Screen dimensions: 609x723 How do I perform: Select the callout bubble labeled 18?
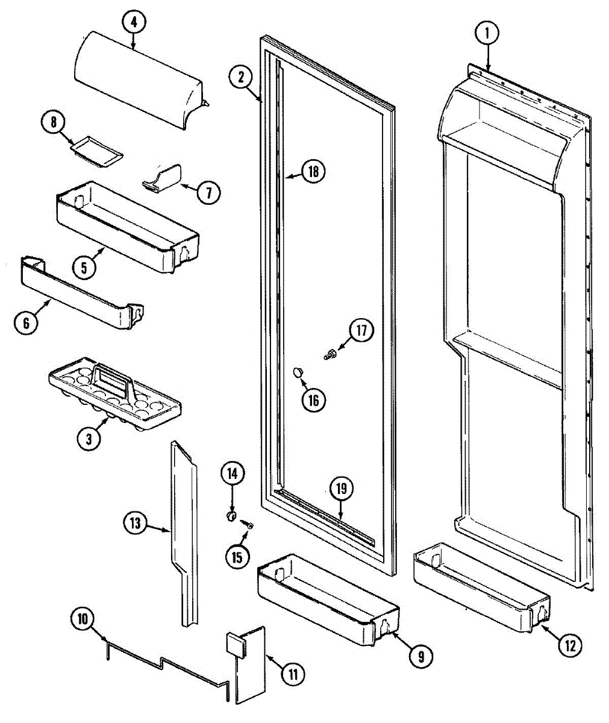(x=313, y=172)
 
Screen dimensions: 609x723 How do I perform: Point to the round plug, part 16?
(x=298, y=372)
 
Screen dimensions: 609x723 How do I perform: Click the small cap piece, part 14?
(x=230, y=516)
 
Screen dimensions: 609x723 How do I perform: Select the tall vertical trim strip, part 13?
(x=184, y=530)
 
